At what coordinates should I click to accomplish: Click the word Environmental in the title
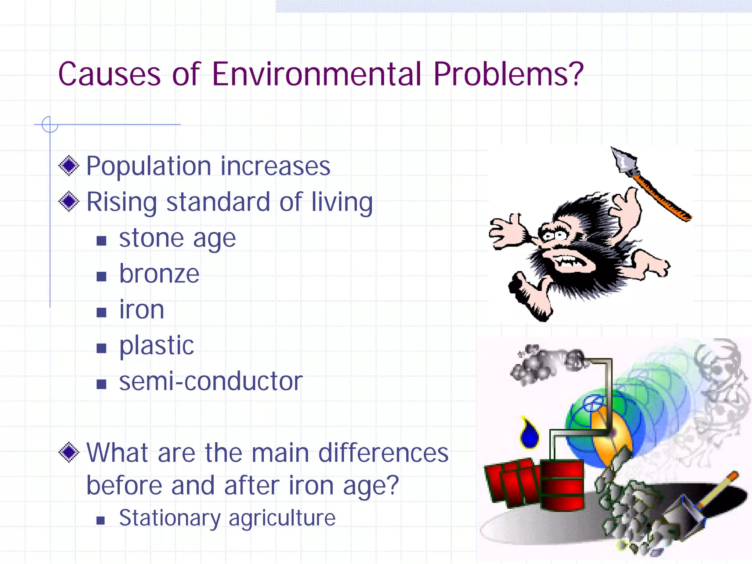click(317, 74)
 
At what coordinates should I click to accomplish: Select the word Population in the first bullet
click(148, 167)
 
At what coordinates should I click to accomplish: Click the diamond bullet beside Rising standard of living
click(69, 202)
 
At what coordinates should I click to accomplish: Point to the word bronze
click(159, 274)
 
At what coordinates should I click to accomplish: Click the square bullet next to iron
click(101, 312)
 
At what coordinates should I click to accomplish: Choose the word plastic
click(156, 346)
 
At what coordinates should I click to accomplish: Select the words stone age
click(177, 239)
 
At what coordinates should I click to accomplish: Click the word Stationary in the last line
click(170, 518)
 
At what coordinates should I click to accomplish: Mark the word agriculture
click(282, 518)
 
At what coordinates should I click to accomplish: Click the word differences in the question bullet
click(383, 453)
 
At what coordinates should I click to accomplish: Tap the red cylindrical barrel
click(562, 485)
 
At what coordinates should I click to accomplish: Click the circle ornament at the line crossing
click(50, 124)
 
